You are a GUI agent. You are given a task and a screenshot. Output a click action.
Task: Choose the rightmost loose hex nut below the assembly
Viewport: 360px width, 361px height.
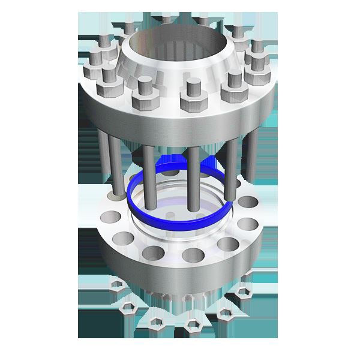[x=243, y=292]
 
